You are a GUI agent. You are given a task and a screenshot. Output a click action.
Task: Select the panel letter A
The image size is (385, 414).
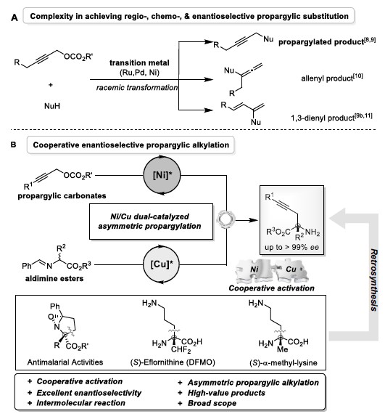(x=15, y=18)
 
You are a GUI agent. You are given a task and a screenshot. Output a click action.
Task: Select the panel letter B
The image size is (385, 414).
(x=13, y=145)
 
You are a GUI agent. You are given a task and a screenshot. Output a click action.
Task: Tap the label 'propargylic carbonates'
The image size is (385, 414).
(x=62, y=195)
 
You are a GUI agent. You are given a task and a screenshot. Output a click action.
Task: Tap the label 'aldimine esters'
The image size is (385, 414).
(x=54, y=278)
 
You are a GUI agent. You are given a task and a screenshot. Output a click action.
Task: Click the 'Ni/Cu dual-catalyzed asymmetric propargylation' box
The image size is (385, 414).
(x=151, y=222)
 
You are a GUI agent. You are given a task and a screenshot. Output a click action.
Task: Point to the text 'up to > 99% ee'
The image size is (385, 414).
(x=291, y=248)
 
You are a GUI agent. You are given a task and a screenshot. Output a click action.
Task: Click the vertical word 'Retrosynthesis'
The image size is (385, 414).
(x=374, y=280)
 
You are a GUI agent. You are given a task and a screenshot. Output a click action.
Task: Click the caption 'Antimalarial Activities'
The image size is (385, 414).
(x=65, y=362)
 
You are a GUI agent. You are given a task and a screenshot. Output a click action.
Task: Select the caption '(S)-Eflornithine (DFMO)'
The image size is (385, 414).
(x=173, y=362)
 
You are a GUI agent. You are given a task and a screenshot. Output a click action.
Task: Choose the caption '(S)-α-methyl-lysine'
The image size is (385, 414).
(x=283, y=362)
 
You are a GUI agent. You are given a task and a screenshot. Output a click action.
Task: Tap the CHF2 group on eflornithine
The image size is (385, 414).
(x=181, y=350)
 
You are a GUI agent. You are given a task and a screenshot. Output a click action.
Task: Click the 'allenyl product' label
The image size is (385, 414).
(x=332, y=78)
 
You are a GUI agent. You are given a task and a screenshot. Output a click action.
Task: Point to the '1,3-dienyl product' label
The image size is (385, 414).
(x=331, y=117)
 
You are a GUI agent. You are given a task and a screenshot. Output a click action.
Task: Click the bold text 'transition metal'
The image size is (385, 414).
(x=139, y=63)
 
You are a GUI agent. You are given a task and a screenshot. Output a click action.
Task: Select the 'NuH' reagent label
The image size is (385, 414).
(x=52, y=106)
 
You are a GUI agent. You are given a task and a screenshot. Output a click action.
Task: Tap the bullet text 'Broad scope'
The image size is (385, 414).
(x=212, y=403)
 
